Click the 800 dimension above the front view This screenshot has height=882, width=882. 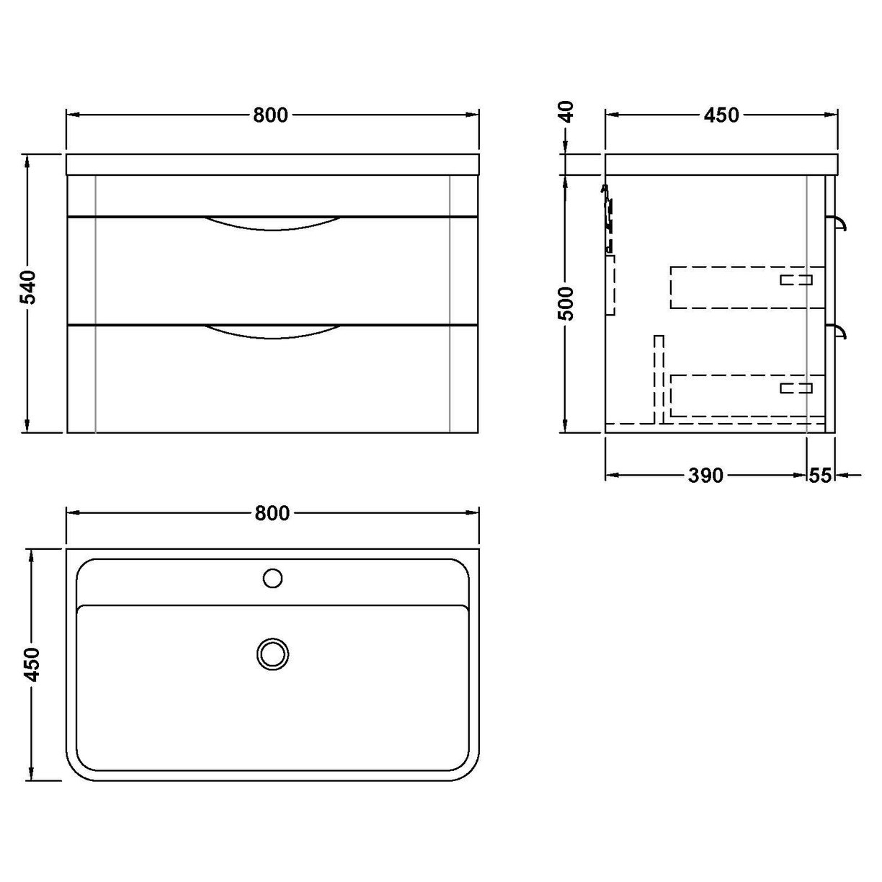click(x=270, y=115)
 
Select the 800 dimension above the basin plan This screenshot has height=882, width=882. click(x=272, y=513)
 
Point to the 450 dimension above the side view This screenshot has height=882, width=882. click(x=722, y=115)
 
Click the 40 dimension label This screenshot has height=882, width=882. click(x=569, y=112)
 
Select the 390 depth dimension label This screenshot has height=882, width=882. click(x=705, y=476)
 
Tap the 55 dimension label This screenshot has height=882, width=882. click(x=821, y=476)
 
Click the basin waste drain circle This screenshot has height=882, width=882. click(x=272, y=654)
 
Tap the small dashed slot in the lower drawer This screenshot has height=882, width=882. click(x=796, y=388)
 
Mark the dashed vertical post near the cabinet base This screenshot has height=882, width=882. click(x=658, y=379)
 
